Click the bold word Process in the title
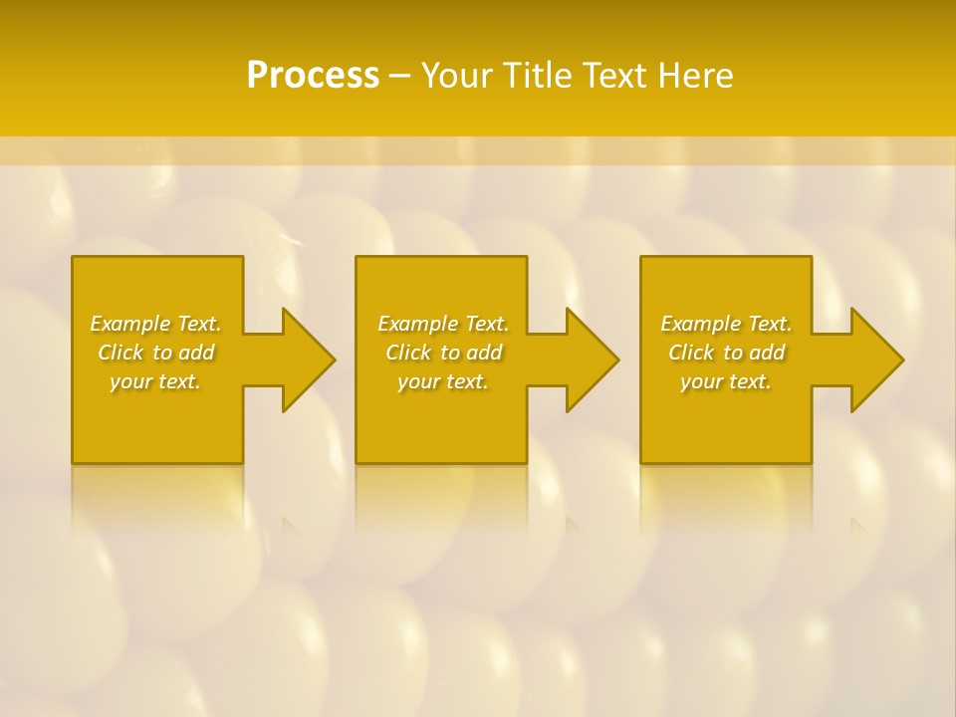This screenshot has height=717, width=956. tap(313, 76)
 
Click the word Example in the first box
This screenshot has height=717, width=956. tap(129, 324)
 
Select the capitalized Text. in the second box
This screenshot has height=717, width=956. tap(485, 324)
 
